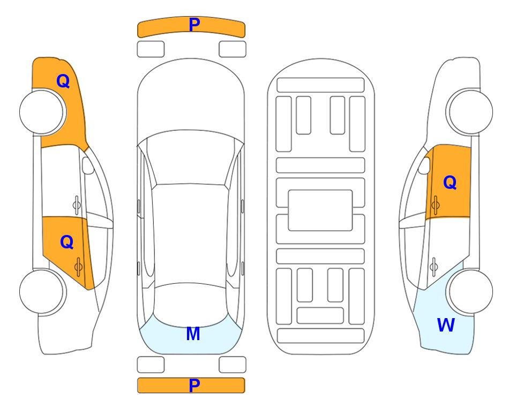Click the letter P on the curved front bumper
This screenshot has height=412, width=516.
(x=195, y=24)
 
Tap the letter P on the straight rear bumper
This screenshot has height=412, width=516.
(x=195, y=385)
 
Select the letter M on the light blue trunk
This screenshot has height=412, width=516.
(x=193, y=334)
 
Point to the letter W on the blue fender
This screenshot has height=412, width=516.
(x=446, y=325)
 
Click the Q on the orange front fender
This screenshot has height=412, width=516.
(x=63, y=81)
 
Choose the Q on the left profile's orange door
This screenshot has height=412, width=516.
(x=67, y=242)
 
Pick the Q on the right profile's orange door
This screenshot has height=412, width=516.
(x=450, y=182)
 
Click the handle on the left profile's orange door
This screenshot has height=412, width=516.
(x=78, y=267)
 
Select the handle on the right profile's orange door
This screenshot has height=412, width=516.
(x=435, y=205)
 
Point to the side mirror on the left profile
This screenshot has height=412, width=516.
(x=88, y=165)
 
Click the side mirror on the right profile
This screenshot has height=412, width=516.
(x=424, y=165)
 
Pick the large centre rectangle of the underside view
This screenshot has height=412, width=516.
(x=320, y=210)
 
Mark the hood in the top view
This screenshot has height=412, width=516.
(x=191, y=95)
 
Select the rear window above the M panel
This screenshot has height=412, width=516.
(x=190, y=305)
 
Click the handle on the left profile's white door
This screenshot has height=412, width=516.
(x=77, y=205)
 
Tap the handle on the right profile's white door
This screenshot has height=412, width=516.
(x=433, y=267)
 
